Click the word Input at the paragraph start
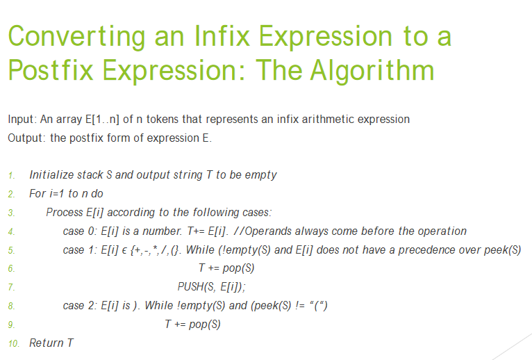point(21,120)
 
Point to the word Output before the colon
point(25,138)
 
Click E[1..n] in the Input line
point(103,120)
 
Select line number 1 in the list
point(12,176)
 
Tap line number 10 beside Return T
point(14,343)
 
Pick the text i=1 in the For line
point(58,193)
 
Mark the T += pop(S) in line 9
point(192,324)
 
